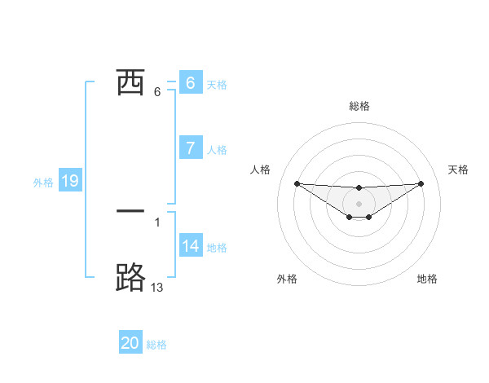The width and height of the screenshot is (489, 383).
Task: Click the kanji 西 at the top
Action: click(x=130, y=82)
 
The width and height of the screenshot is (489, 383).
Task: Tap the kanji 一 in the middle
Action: click(x=130, y=210)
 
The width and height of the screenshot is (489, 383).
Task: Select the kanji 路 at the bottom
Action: click(x=130, y=277)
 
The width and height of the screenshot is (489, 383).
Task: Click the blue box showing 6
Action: click(x=191, y=83)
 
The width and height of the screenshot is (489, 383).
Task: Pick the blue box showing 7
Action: click(x=191, y=148)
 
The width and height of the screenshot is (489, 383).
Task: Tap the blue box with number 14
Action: click(x=191, y=246)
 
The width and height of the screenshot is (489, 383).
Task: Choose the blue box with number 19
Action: click(x=70, y=182)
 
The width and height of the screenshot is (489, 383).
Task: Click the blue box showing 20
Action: click(x=130, y=343)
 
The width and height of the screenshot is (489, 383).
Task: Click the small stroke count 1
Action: click(x=157, y=222)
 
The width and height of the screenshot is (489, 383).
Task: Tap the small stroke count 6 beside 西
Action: click(x=157, y=91)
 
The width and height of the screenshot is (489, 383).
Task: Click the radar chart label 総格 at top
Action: click(x=359, y=107)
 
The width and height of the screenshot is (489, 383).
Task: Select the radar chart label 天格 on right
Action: click(x=458, y=169)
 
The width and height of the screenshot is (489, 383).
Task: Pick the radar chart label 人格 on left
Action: click(x=260, y=169)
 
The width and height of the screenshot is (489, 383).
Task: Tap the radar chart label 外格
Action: click(x=287, y=279)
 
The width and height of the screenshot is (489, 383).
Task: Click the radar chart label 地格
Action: click(x=427, y=279)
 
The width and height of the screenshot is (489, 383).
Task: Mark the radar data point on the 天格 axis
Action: click(x=421, y=183)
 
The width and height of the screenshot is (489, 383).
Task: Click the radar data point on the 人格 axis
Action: click(x=297, y=183)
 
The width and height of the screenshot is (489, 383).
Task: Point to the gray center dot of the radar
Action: click(x=359, y=203)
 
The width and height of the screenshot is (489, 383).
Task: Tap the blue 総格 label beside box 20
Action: click(x=156, y=345)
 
